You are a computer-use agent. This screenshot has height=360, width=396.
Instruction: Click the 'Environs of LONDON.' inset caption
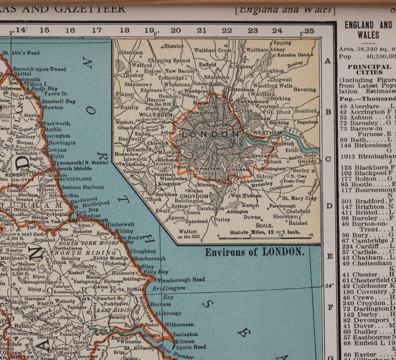(254, 252)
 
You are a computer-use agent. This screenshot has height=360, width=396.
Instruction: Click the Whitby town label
(124, 231)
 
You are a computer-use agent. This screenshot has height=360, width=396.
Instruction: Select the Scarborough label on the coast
(150, 259)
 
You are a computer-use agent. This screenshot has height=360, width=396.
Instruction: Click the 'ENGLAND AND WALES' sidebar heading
(368, 29)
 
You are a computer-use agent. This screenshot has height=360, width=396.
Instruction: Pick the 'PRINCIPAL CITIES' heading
(369, 70)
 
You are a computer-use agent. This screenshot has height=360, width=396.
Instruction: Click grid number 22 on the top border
(227, 30)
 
